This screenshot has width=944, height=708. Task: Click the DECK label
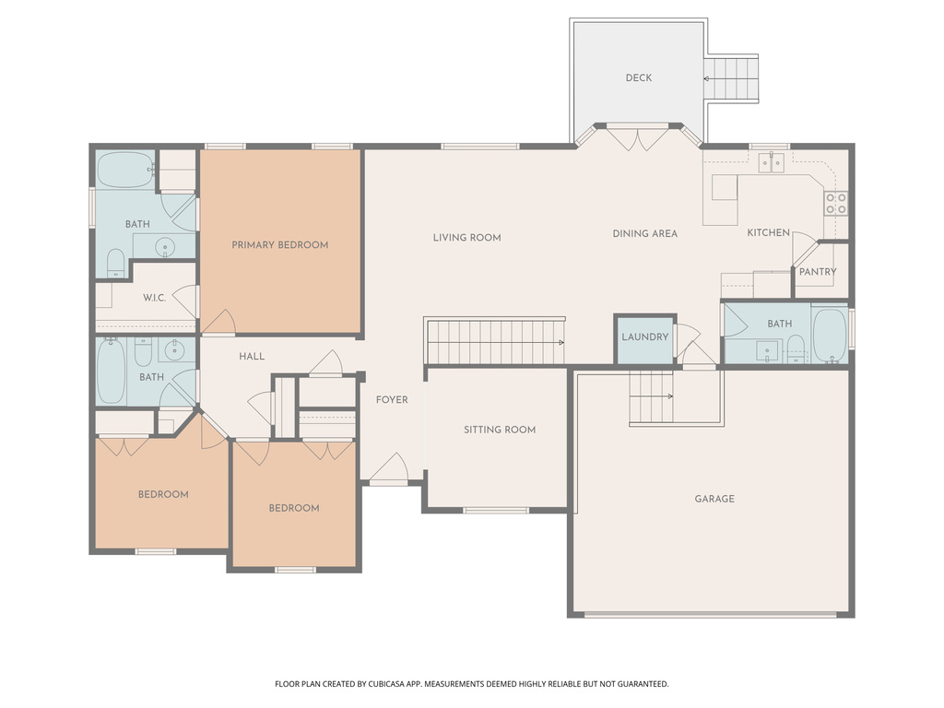(x=638, y=77)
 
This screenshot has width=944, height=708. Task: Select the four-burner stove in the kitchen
(x=835, y=203)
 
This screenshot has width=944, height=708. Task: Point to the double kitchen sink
(x=771, y=163)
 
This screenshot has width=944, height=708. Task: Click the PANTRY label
(x=817, y=272)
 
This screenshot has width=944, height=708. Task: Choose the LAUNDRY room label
(x=644, y=337)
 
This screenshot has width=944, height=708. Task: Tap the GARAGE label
(x=714, y=499)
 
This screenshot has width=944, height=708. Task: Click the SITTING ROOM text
(x=499, y=430)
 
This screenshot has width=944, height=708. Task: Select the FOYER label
(x=391, y=400)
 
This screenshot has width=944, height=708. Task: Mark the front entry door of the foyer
(x=388, y=470)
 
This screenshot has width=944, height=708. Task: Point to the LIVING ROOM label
(x=466, y=238)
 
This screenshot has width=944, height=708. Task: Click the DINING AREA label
(x=644, y=234)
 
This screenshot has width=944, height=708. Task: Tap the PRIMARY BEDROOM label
(x=279, y=245)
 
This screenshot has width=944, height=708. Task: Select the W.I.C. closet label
(x=154, y=298)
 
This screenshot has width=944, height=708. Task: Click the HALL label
(x=252, y=357)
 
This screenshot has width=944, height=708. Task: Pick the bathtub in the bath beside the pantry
(x=830, y=334)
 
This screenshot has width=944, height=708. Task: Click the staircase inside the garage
(x=651, y=396)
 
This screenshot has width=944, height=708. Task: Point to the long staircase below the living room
(x=495, y=342)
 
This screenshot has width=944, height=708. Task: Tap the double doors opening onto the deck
(x=639, y=138)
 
